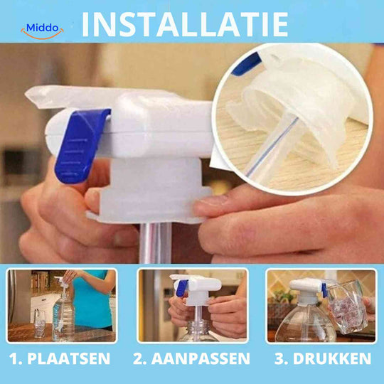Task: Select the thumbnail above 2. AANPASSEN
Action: pyautogui.click(x=192, y=305)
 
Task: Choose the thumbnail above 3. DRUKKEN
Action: pyautogui.click(x=320, y=305)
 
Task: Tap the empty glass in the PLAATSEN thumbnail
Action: pyautogui.click(x=39, y=324)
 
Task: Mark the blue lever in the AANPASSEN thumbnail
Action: pyautogui.click(x=182, y=288)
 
